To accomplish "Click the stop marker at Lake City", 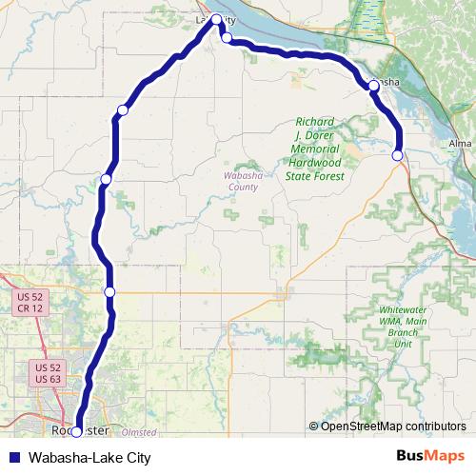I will pos(216,19).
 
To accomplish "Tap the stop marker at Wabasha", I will pos(373,86).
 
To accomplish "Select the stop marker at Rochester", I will pos(76,431).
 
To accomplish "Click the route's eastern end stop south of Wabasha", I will pos(397,155).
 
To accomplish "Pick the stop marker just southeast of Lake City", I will pos(227,38).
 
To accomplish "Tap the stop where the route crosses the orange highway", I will pos(109,291).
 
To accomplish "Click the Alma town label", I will pos(460,144).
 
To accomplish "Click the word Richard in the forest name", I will pos(314,122).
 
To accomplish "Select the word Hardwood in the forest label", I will pos(314,163).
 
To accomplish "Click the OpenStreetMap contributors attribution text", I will pos(393,426).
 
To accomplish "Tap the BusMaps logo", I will pos(431,457).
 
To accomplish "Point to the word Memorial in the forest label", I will pos(315,149).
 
